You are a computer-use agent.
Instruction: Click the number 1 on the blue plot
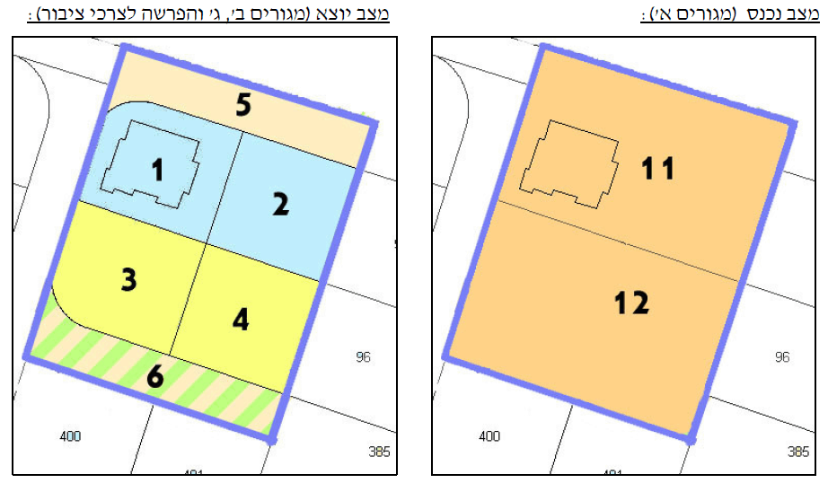click(x=158, y=169)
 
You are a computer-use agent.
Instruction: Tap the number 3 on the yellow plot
click(x=129, y=280)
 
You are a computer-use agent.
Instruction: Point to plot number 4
click(x=241, y=320)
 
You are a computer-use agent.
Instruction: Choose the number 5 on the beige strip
click(x=243, y=105)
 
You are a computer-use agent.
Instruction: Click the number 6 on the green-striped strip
click(x=155, y=377)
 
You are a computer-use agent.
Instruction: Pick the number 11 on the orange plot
click(x=657, y=168)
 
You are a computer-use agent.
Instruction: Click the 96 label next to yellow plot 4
click(x=363, y=357)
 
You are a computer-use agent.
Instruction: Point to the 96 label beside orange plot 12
click(x=782, y=357)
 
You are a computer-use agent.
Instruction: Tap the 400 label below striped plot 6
click(x=70, y=436)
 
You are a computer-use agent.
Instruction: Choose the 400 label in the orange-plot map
click(x=489, y=436)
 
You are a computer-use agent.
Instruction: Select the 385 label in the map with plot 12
click(x=798, y=452)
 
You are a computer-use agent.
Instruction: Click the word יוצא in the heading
click(x=343, y=15)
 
